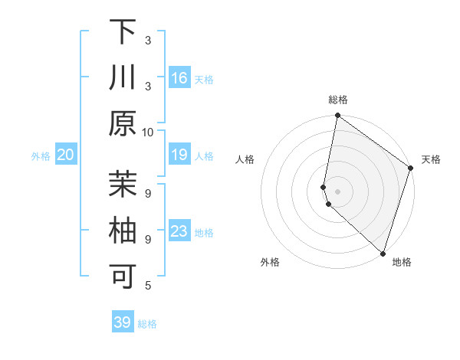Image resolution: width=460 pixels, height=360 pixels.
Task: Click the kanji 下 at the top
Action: click(123, 33)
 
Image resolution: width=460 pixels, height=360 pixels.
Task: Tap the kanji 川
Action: click(123, 78)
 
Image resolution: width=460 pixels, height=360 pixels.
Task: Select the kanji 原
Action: click(123, 123)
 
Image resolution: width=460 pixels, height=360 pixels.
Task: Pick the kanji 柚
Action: click(123, 231)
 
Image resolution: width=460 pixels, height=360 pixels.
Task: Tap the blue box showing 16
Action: click(179, 78)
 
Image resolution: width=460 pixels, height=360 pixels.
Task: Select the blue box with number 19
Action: click(179, 155)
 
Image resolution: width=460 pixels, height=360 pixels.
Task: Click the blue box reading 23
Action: click(179, 231)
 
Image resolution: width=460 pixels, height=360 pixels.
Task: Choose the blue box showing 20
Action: click(65, 155)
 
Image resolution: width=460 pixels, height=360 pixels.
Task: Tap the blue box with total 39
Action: click(122, 322)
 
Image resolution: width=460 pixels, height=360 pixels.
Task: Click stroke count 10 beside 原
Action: click(149, 132)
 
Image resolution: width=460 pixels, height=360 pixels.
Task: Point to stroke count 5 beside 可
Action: click(149, 286)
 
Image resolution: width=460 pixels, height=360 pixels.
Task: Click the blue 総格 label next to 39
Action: click(147, 324)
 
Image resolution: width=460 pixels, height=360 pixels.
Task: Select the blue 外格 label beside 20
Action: click(41, 156)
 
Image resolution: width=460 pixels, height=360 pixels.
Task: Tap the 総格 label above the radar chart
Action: click(338, 100)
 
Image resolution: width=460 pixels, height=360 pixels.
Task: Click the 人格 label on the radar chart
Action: click(245, 160)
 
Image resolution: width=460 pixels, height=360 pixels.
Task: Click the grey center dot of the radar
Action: click(338, 191)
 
